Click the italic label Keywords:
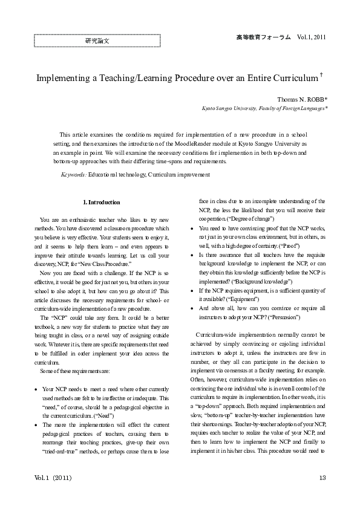74,174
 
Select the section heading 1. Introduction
101,202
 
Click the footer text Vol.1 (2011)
53,478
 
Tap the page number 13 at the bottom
322,478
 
